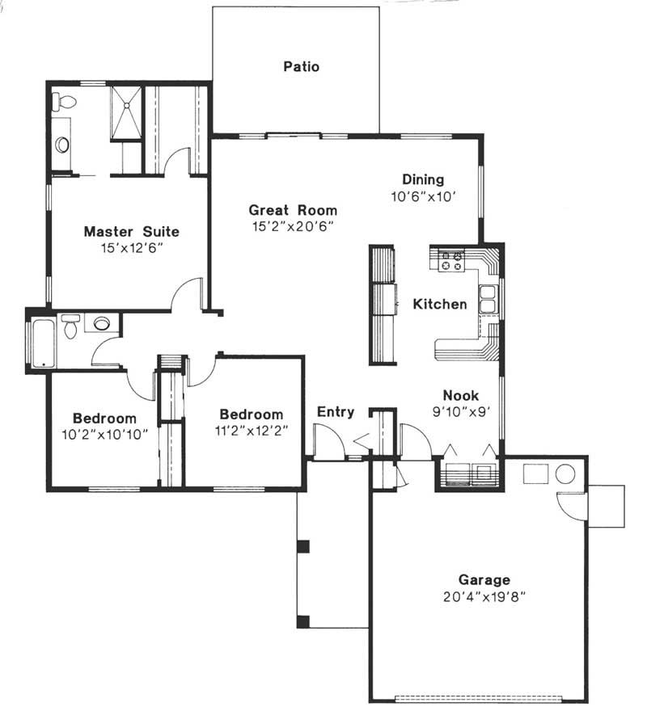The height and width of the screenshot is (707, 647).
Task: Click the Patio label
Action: click(x=301, y=66)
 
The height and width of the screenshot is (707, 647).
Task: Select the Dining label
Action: click(x=423, y=179)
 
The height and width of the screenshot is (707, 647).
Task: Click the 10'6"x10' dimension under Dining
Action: click(x=425, y=196)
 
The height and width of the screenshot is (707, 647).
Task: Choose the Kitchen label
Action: click(x=440, y=305)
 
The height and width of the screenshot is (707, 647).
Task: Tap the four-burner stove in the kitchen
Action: click(x=450, y=259)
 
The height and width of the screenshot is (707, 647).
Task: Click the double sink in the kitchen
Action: click(x=488, y=299)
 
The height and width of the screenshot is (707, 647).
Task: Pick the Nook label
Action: click(x=460, y=395)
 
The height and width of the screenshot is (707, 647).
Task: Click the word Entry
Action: click(x=335, y=412)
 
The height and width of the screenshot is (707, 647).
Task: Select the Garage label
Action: click(x=484, y=579)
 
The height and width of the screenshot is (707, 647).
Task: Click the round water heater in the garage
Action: click(x=565, y=474)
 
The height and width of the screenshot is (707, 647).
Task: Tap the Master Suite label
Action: click(x=132, y=232)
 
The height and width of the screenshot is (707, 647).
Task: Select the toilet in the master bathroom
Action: click(x=64, y=102)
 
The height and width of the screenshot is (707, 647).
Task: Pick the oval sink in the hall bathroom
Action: click(x=102, y=323)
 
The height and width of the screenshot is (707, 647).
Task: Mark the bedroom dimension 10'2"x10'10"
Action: click(x=104, y=435)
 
